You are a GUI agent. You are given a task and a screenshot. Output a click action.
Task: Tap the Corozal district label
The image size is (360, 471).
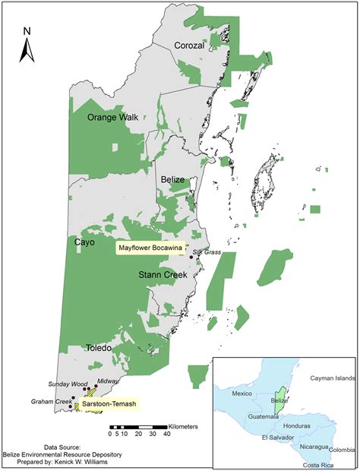click(190, 45)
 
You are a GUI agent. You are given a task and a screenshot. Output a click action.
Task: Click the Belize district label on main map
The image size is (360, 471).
click(174, 179)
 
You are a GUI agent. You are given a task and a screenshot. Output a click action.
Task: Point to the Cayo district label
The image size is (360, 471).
click(85, 242)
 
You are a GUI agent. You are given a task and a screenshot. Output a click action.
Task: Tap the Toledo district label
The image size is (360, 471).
click(98, 348)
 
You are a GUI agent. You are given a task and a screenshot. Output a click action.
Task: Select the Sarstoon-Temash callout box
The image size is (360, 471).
click(109, 405)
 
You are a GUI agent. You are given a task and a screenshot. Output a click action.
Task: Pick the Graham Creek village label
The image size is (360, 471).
click(51, 401)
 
